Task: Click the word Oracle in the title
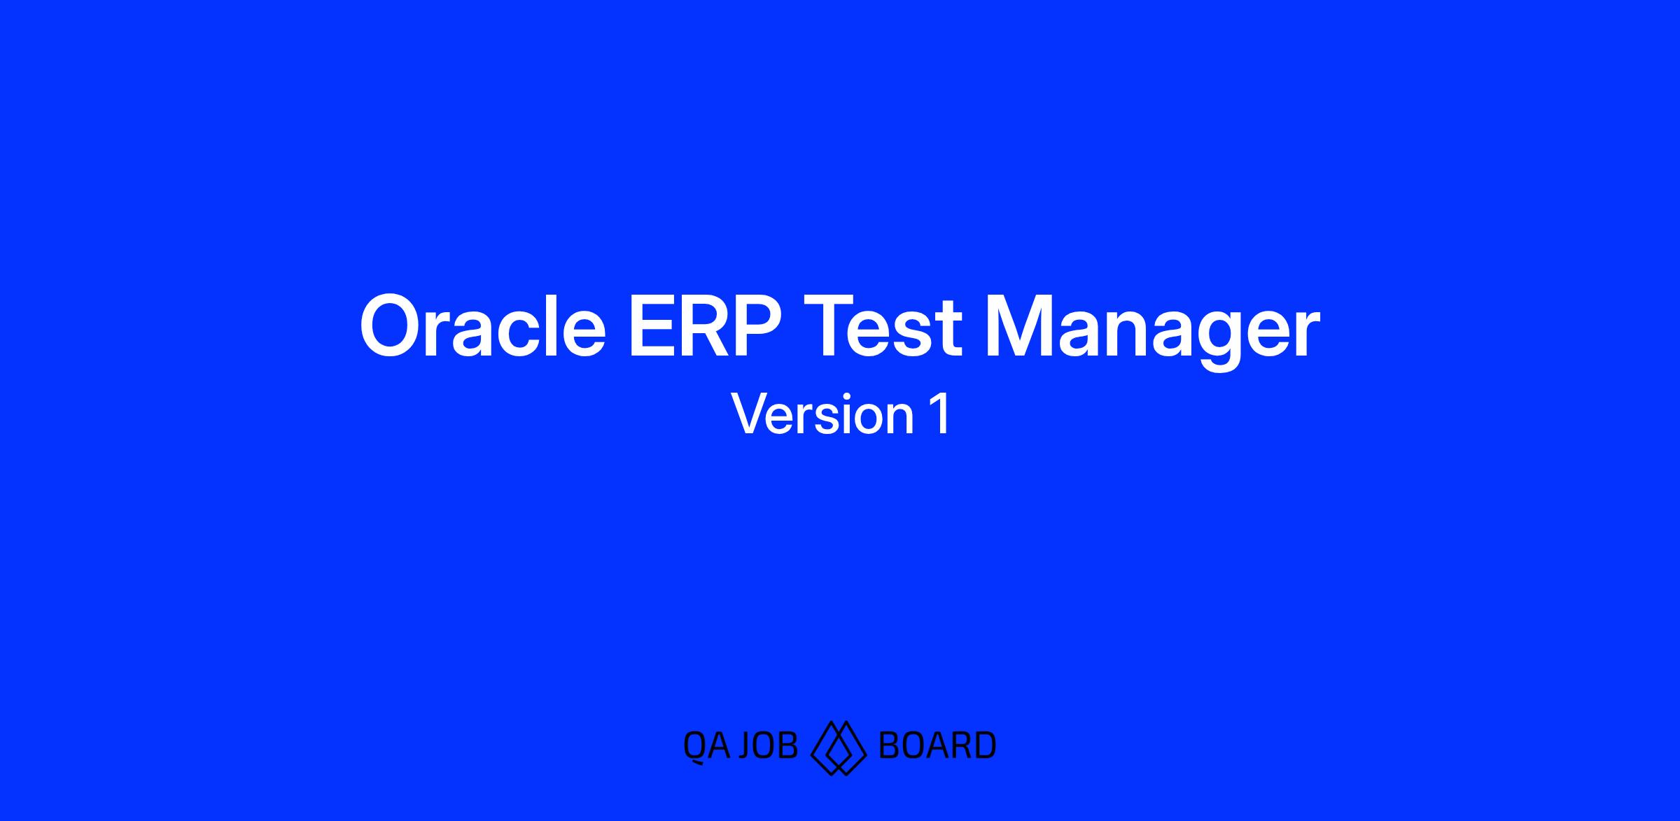click(x=482, y=326)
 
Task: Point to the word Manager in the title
click(x=1153, y=331)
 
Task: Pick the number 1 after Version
click(x=940, y=414)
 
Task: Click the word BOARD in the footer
click(x=937, y=746)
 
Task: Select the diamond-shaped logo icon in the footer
click(x=838, y=748)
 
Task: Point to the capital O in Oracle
click(x=393, y=326)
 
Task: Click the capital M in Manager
click(x=1021, y=327)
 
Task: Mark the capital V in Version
click(x=750, y=414)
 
